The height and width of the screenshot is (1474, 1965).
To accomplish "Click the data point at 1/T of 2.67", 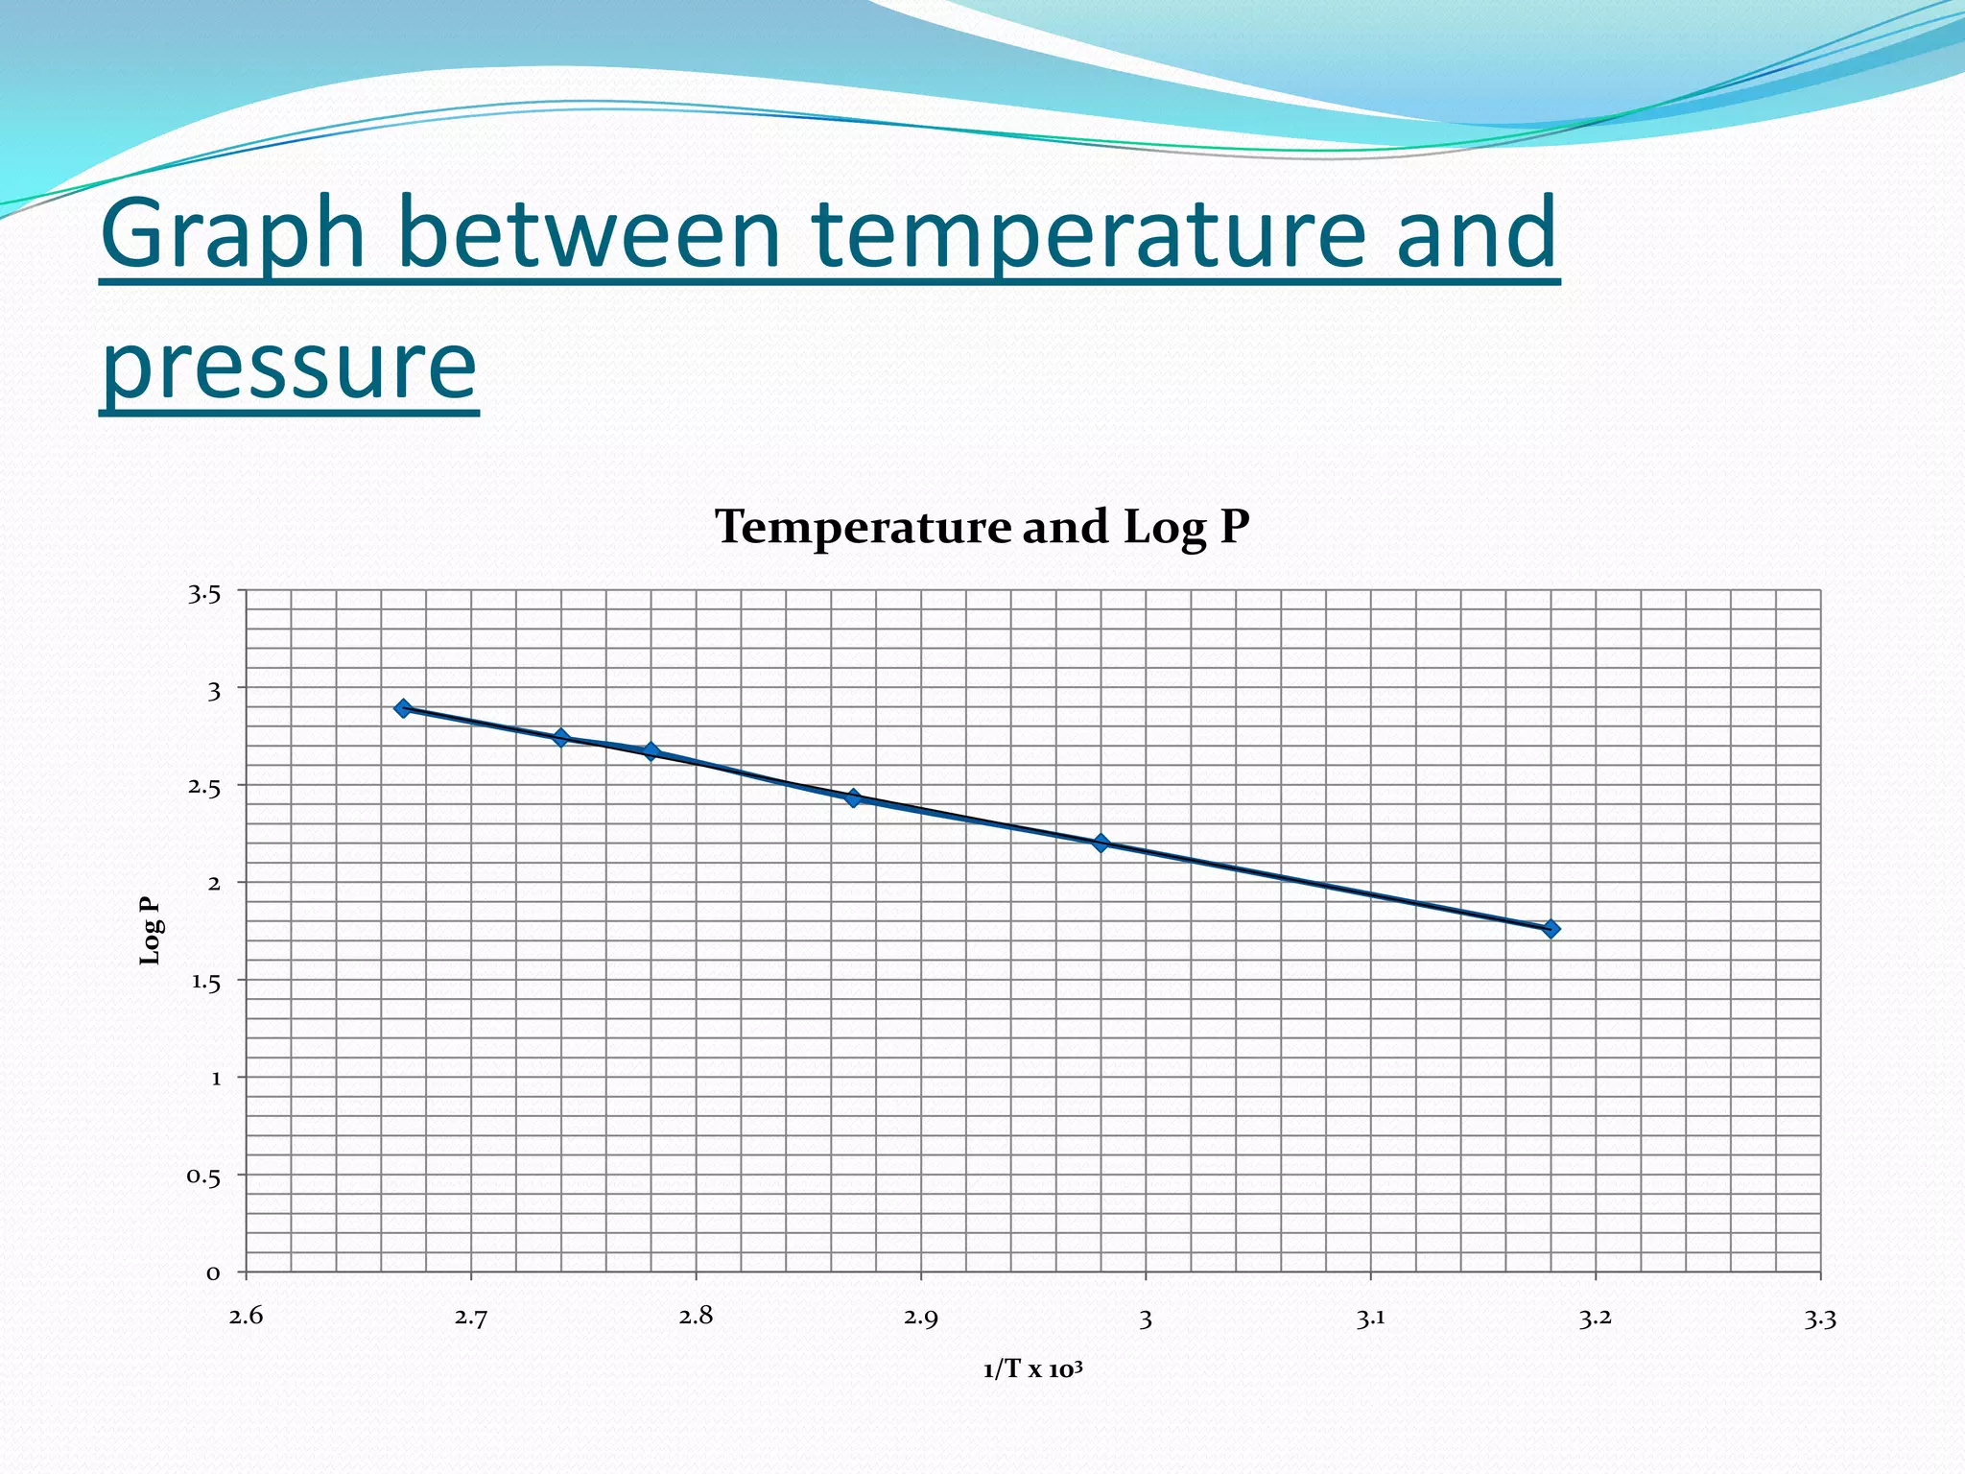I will (403, 708).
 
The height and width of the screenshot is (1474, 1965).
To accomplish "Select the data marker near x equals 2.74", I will (561, 737).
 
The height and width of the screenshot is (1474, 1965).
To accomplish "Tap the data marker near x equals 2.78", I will (651, 751).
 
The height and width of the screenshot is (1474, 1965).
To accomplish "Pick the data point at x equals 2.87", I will (853, 797).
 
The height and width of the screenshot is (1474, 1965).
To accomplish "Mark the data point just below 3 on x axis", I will (1101, 844).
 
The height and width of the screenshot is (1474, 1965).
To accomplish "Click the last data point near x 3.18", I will (1551, 928).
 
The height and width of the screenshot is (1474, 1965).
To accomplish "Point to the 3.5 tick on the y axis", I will (204, 595).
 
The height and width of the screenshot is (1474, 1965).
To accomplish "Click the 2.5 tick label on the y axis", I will (204, 787).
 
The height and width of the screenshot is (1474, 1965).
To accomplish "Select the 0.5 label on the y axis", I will (203, 1177).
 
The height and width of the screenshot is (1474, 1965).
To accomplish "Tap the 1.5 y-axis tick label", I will (205, 982).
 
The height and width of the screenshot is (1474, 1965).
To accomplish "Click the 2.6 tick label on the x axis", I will (246, 1317).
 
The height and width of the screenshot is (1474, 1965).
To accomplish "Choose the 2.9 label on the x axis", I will (921, 1318).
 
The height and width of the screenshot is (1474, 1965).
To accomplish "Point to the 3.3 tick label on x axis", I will (1820, 1319).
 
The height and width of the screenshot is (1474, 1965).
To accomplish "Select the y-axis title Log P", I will (151, 930).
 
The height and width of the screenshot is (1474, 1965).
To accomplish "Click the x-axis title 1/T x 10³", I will (1032, 1369).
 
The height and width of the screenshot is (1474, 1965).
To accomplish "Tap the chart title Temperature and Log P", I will (982, 527).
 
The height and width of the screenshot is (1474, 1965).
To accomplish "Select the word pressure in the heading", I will (288, 365).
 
